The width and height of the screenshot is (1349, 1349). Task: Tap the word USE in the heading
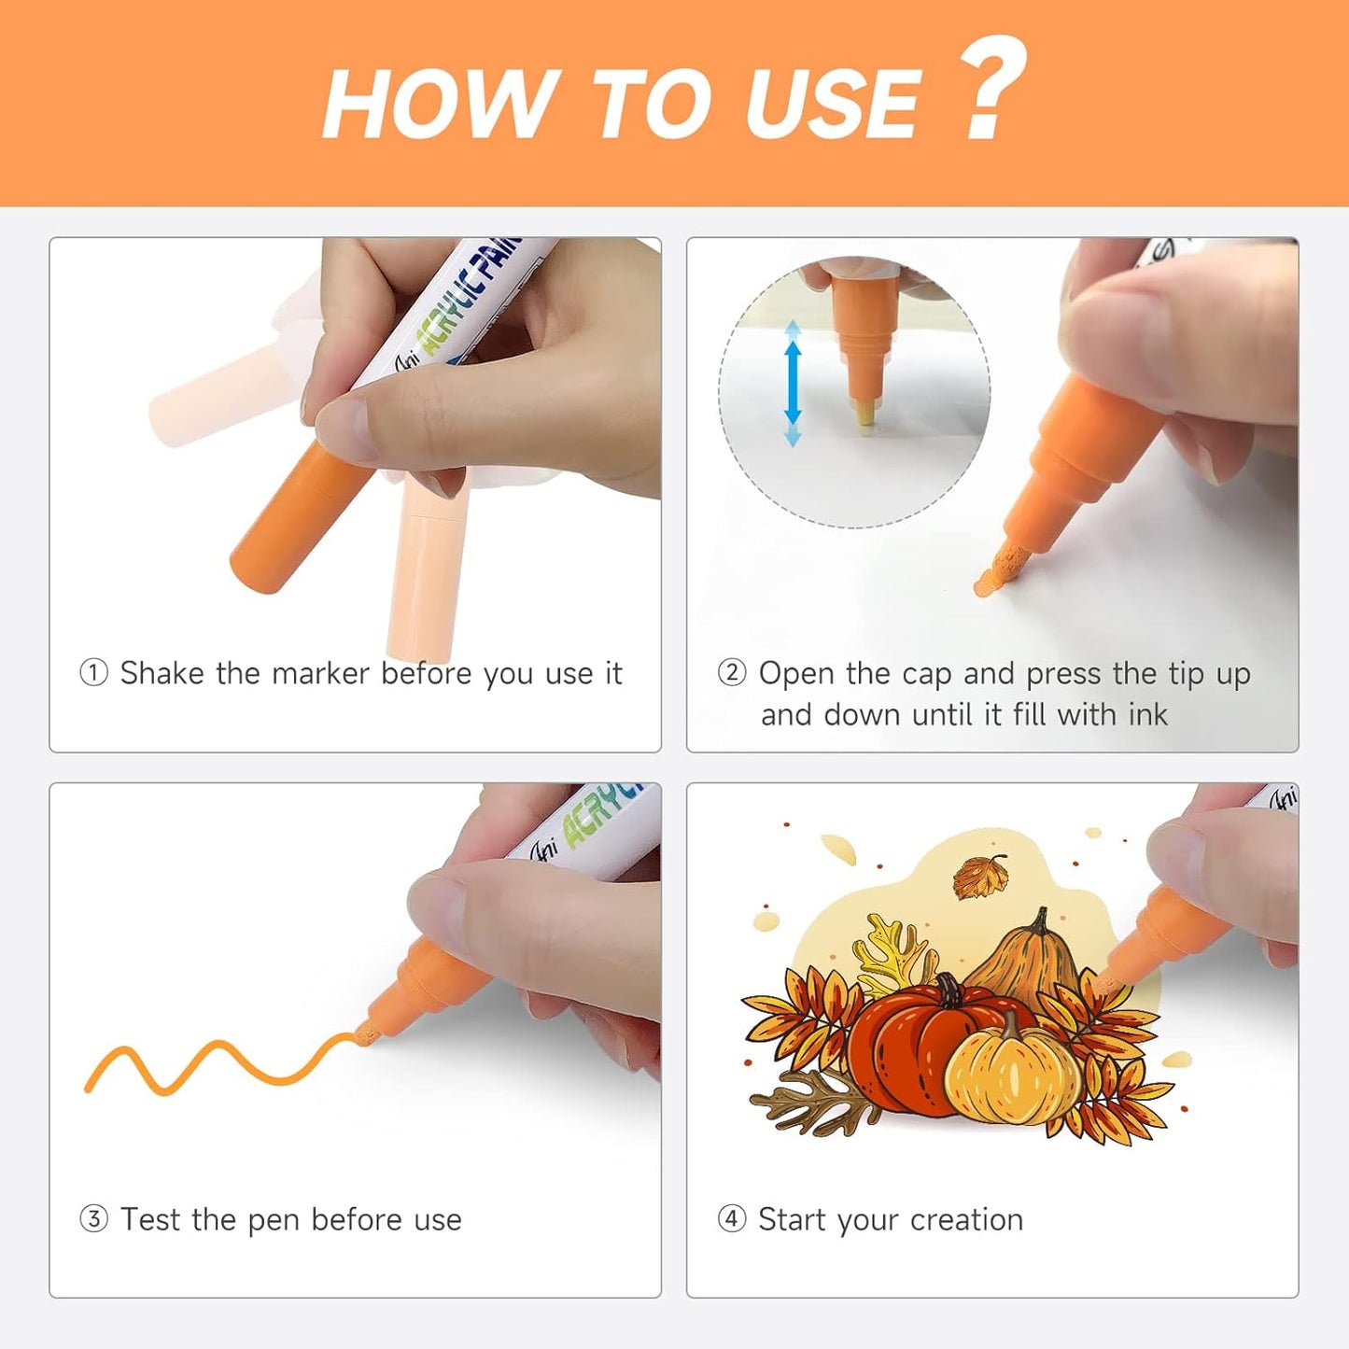833,104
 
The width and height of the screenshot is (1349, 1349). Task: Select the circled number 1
93,673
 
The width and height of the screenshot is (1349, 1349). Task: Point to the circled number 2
732,673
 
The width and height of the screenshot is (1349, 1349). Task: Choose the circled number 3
93,1219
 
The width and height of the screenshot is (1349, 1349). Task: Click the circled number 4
732,1219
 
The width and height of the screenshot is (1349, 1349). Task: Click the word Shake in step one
162,673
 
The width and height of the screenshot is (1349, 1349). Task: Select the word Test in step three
150,1219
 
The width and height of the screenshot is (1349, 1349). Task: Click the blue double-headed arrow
793,383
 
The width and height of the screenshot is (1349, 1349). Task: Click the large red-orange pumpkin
903,1047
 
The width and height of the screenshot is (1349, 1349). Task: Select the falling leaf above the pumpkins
981,878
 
